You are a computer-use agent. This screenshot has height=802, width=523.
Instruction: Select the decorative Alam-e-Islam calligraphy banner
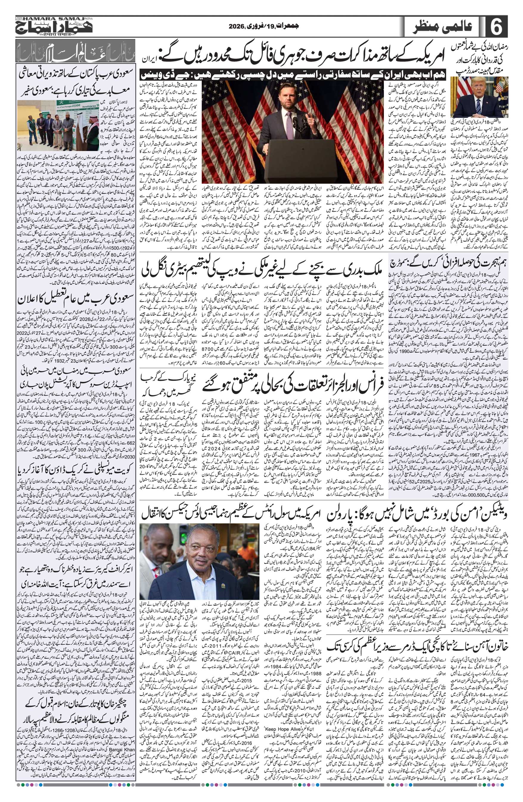[75, 51]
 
